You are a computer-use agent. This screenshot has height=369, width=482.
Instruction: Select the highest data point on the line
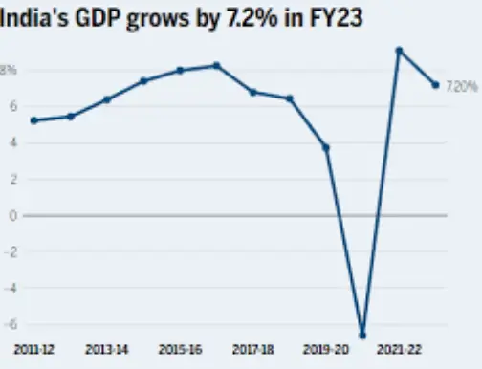[399, 51]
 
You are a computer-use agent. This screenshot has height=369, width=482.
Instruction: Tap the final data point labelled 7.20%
[435, 85]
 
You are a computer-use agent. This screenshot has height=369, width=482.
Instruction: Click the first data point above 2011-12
[34, 120]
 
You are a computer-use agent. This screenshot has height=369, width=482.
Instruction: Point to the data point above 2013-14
[107, 99]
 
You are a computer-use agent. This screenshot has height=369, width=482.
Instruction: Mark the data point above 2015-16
[180, 71]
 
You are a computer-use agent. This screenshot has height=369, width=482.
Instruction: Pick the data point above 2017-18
[252, 92]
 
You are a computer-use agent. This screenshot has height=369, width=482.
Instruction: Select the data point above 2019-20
[326, 147]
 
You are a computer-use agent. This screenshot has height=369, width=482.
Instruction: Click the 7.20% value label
[463, 86]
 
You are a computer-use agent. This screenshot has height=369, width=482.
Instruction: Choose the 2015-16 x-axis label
[179, 351]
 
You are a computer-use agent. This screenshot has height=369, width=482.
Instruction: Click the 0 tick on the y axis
[12, 215]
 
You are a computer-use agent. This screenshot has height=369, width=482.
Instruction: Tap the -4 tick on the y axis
[11, 288]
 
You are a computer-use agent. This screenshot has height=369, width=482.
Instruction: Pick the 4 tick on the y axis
[12, 143]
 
